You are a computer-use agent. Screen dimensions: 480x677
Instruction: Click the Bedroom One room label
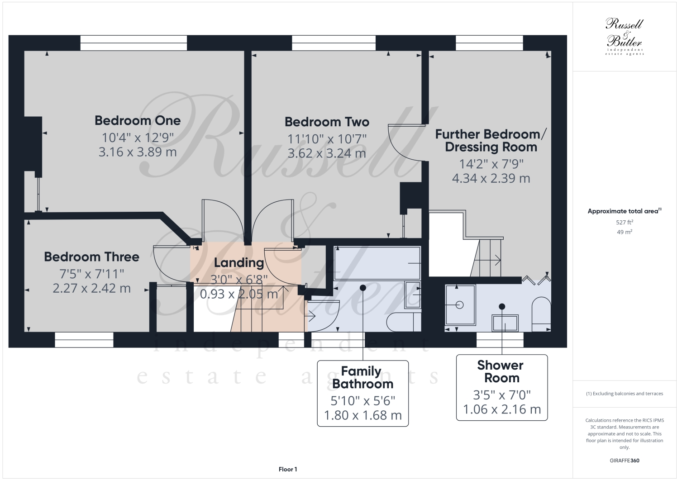click(x=138, y=120)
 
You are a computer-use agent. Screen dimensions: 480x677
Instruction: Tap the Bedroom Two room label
click(x=327, y=122)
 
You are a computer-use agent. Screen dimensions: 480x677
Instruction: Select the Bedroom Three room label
click(x=91, y=257)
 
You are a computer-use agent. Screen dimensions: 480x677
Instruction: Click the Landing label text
click(x=238, y=262)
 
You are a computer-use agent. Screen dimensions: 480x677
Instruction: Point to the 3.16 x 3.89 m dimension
click(x=138, y=152)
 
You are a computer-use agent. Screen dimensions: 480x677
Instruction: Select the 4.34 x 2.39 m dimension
click(x=491, y=178)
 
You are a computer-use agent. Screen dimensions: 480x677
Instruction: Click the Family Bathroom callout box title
click(x=362, y=377)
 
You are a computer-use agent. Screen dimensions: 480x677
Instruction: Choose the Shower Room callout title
click(x=501, y=371)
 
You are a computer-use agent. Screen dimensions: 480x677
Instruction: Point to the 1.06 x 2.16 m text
click(x=502, y=409)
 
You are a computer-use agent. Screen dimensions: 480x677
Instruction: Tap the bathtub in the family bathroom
click(x=377, y=263)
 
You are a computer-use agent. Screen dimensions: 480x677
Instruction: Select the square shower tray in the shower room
click(x=460, y=304)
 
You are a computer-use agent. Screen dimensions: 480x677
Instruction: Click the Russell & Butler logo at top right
click(x=625, y=37)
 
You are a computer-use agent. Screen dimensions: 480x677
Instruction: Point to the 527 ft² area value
click(x=625, y=222)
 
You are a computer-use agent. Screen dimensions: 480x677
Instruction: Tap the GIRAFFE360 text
click(x=625, y=461)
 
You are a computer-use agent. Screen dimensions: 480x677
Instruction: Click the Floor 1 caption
click(x=288, y=469)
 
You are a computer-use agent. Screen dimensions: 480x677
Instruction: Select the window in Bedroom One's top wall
click(x=133, y=43)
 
